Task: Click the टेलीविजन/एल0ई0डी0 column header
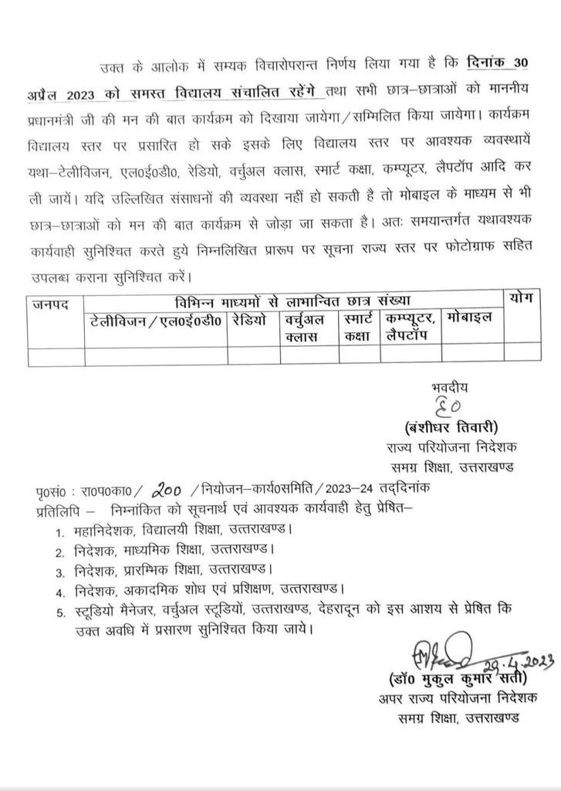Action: coord(155,317)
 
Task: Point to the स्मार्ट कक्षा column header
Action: coord(360,326)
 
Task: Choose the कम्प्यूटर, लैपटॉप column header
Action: coord(412,326)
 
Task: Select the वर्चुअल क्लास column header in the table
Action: coord(306,326)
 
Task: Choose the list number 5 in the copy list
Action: coord(59,613)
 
